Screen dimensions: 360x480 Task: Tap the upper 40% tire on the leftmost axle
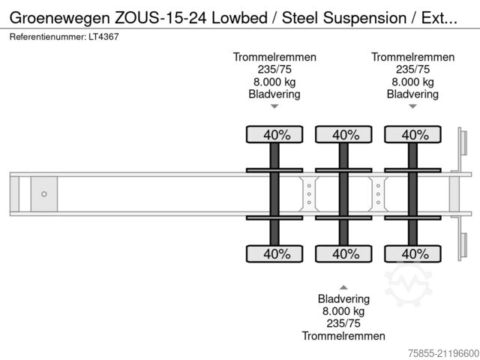(x=275, y=135)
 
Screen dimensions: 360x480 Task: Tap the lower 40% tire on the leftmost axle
(x=275, y=254)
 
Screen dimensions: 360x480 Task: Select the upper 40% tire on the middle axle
(x=344, y=135)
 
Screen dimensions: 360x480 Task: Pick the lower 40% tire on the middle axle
(x=344, y=254)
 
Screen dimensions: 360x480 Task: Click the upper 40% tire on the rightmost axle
(x=412, y=135)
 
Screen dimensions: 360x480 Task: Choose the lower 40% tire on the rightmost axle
(x=412, y=254)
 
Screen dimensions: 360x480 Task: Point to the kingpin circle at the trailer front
(x=44, y=194)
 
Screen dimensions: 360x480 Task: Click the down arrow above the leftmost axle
(x=274, y=107)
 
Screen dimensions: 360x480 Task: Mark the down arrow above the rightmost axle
(x=412, y=107)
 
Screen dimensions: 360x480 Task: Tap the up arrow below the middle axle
(x=343, y=287)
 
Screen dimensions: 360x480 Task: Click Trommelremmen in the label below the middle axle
(x=343, y=336)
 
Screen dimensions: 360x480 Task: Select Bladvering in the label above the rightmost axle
(x=412, y=94)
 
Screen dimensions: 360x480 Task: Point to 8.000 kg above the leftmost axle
(x=274, y=82)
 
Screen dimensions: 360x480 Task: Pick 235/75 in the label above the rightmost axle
(x=412, y=70)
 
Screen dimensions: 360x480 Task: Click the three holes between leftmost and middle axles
(x=309, y=194)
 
